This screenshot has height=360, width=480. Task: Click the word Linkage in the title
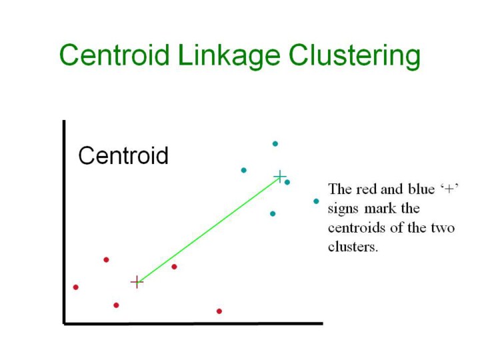click(229, 56)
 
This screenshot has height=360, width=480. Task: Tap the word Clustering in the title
click(355, 56)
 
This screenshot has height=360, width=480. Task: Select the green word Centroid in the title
click(115, 55)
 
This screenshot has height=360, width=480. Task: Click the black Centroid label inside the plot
click(123, 155)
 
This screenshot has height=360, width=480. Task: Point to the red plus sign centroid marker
click(137, 282)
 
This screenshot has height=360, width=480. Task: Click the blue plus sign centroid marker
click(280, 177)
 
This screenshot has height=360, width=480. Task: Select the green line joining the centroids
click(208, 229)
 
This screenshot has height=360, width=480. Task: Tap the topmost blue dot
click(275, 143)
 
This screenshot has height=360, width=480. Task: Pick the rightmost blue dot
click(316, 201)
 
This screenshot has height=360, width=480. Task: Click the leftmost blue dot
click(244, 170)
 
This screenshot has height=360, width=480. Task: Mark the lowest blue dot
click(273, 214)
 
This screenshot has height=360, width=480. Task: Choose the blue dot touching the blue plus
click(287, 182)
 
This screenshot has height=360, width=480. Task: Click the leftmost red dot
click(76, 287)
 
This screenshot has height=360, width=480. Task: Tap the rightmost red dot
click(219, 311)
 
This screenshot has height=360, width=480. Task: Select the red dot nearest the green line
click(174, 267)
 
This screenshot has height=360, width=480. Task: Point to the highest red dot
click(106, 260)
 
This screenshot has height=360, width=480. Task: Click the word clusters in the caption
click(353, 247)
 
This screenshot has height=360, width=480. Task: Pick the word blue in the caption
click(421, 189)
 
